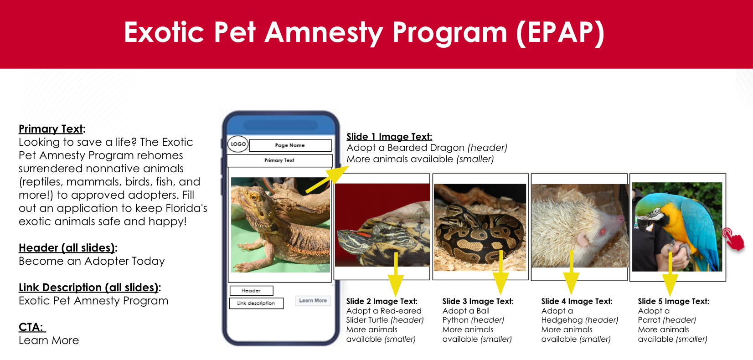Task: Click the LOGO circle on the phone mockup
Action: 238,144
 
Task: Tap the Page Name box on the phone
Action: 290,145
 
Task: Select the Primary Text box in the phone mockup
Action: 280,160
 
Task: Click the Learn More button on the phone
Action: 313,300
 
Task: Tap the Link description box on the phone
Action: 256,303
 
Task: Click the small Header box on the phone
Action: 251,290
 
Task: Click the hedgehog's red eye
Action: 603,231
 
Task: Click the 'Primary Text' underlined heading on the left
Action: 51,129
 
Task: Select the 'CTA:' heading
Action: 31,327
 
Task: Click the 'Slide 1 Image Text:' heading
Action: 389,137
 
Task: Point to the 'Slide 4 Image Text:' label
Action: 577,301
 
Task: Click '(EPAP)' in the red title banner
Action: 560,33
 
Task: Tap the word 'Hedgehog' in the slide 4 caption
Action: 562,320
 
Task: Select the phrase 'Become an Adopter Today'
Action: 92,261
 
